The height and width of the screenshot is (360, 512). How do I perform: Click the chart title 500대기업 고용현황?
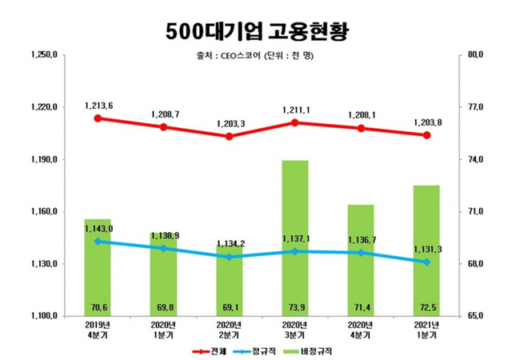(256, 30)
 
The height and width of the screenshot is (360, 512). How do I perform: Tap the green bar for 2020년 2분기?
(230, 280)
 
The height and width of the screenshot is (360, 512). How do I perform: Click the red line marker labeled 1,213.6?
(98, 118)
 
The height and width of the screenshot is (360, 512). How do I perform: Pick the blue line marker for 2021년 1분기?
(427, 262)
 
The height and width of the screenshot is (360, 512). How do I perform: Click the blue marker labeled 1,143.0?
(98, 241)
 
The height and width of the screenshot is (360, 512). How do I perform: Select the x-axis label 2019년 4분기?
(98, 330)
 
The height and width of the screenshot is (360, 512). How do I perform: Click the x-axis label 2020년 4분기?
(362, 330)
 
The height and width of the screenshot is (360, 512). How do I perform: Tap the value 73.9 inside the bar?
(295, 307)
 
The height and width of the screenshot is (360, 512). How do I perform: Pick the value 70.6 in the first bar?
(98, 307)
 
